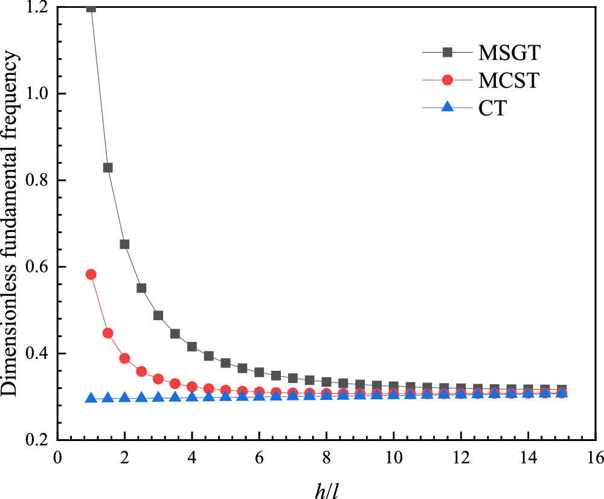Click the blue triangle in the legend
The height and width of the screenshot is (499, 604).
(448, 107)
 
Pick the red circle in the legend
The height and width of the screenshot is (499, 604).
(448, 80)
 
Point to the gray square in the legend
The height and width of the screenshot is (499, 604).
(448, 53)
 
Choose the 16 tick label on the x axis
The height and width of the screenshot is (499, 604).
(595, 457)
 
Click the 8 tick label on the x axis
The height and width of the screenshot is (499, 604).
(326, 457)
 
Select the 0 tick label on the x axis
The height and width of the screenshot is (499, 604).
(57, 457)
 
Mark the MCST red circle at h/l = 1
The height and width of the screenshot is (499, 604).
(91, 274)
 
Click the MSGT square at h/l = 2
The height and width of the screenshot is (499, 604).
(125, 244)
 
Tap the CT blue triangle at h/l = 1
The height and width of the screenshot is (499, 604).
(91, 398)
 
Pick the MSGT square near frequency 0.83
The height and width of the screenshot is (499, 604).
(108, 167)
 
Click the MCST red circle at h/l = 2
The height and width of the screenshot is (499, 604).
(125, 358)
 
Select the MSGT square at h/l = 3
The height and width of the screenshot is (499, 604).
(158, 315)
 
